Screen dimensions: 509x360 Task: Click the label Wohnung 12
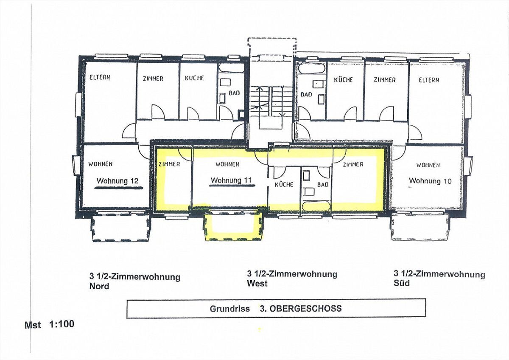point(117,181)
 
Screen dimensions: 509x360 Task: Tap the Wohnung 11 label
point(231,180)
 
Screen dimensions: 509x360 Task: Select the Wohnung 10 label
point(430,181)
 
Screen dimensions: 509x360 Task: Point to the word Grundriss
point(230,309)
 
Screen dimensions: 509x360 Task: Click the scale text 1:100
point(62,324)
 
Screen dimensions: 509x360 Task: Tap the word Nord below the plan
point(99,286)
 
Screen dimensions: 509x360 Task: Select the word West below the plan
point(257,283)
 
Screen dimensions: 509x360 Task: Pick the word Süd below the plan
point(402,283)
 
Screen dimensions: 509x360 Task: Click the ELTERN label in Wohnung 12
point(100,77)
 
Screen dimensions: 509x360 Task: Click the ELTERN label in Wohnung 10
point(429,80)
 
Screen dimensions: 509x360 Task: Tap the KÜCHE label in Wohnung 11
point(284,184)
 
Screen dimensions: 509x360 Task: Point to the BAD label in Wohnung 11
point(323,185)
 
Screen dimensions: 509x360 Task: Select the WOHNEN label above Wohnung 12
point(100,164)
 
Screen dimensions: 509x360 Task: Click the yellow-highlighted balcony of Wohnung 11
point(234,225)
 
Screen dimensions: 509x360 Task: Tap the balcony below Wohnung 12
point(120,226)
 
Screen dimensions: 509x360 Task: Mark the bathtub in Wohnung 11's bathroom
point(316,206)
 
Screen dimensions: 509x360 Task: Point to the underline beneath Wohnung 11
point(232,186)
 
